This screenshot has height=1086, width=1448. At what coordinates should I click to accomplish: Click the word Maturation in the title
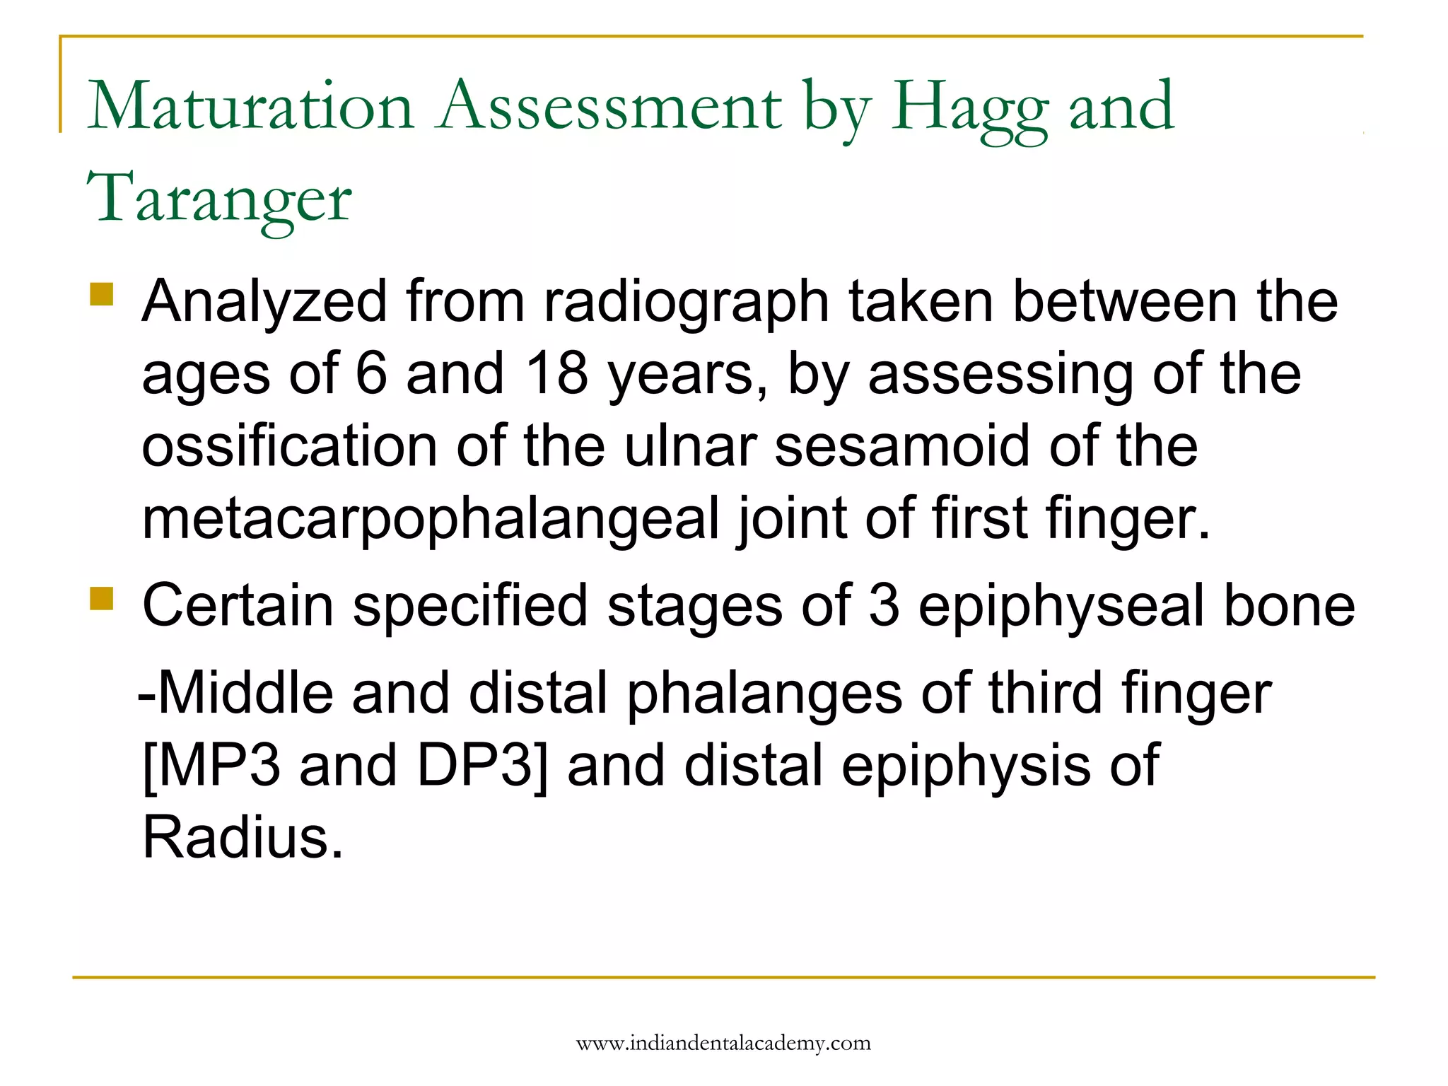[250, 107]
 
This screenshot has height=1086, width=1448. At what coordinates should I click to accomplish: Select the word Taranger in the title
[219, 199]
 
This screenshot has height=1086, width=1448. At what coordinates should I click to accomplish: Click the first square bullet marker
[102, 294]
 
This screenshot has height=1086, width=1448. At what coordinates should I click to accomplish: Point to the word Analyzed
[264, 303]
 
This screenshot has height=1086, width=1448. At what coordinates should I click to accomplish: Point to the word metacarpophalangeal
[430, 520]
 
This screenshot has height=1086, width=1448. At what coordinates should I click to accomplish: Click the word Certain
[238, 606]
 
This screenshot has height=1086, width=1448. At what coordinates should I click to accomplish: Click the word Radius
[243, 838]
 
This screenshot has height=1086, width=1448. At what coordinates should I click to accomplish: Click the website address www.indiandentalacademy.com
[723, 1044]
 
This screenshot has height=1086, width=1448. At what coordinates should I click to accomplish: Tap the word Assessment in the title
[610, 107]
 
